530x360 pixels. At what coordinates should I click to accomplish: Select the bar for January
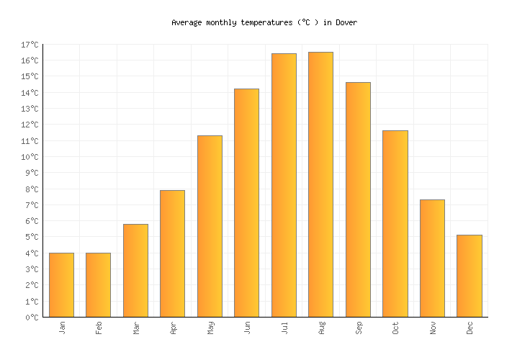click(61, 284)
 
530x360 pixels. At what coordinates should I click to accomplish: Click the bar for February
click(98, 284)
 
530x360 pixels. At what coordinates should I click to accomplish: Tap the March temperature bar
click(135, 270)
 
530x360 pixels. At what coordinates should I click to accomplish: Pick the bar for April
click(172, 253)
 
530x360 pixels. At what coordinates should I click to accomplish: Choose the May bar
click(210, 226)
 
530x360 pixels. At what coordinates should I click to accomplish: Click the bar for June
click(246, 202)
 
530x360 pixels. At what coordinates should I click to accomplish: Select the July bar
click(284, 185)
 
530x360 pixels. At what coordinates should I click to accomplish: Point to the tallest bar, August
click(320, 184)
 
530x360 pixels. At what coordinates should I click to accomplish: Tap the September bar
click(358, 199)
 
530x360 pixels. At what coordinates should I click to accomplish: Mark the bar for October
click(395, 223)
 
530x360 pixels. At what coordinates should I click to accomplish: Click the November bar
click(432, 258)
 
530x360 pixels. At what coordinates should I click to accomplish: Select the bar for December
click(469, 276)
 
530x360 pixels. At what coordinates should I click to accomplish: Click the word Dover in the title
click(346, 22)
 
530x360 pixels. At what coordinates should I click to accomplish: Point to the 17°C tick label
click(30, 45)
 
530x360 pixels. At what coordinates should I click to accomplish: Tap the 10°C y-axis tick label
click(30, 157)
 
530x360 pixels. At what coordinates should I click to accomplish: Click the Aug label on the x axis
click(321, 328)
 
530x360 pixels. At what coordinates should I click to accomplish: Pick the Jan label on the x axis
click(62, 328)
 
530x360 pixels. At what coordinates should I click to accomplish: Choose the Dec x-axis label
click(470, 328)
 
